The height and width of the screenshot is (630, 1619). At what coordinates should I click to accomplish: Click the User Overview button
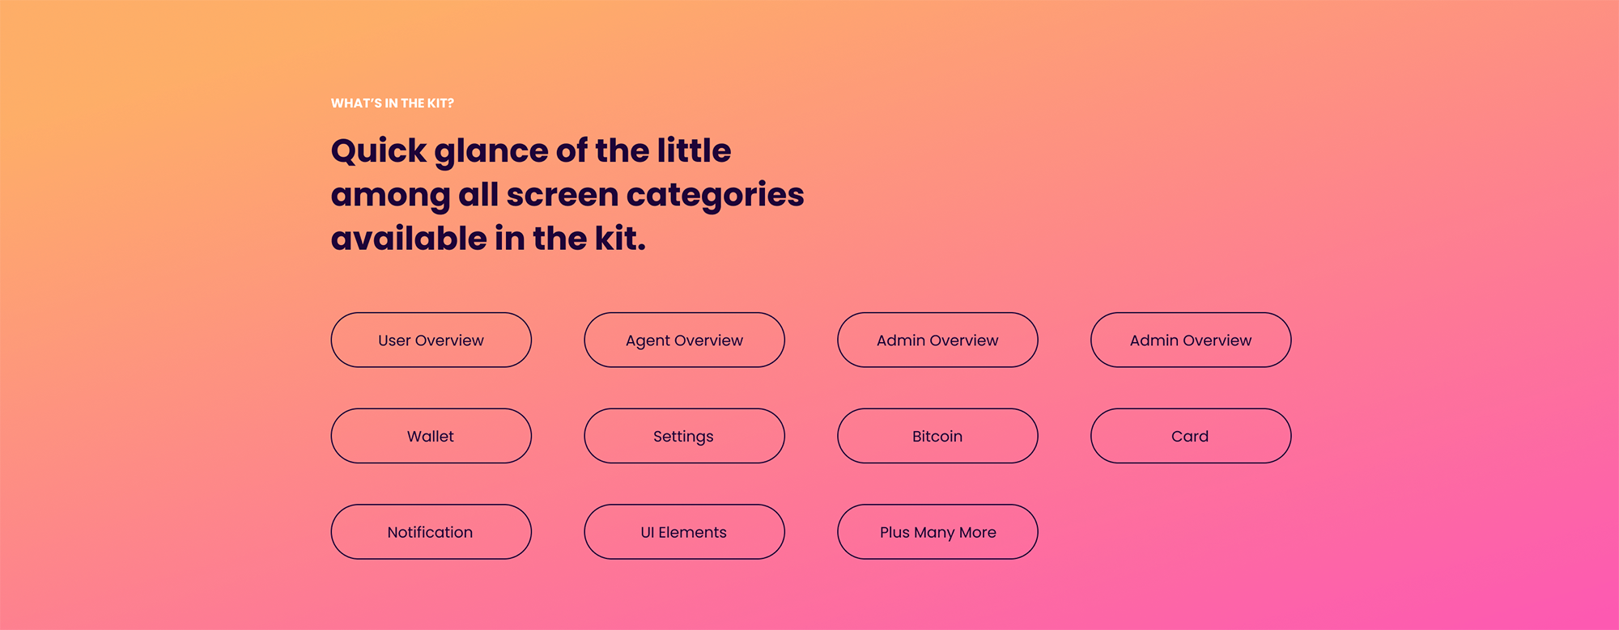431,340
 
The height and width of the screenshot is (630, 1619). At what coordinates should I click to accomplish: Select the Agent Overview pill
684,340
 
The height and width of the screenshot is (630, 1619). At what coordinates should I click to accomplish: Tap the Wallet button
431,436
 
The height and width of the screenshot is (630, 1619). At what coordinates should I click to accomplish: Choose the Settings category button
684,436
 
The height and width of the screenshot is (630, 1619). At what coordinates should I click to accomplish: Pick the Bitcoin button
937,436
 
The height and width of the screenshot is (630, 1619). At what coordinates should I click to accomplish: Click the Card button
1190,436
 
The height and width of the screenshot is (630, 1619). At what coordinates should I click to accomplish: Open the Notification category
431,532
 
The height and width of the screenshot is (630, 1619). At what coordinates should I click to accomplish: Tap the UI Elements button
684,532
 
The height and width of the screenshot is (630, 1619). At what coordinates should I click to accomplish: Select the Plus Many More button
937,532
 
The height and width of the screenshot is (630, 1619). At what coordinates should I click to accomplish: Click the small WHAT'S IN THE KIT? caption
393,104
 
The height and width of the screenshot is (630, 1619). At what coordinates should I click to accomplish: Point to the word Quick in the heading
379,151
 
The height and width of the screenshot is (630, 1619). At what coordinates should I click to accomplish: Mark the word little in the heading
694,150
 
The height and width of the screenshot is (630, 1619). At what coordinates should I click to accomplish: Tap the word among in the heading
390,196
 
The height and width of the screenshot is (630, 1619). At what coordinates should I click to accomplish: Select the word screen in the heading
563,196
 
